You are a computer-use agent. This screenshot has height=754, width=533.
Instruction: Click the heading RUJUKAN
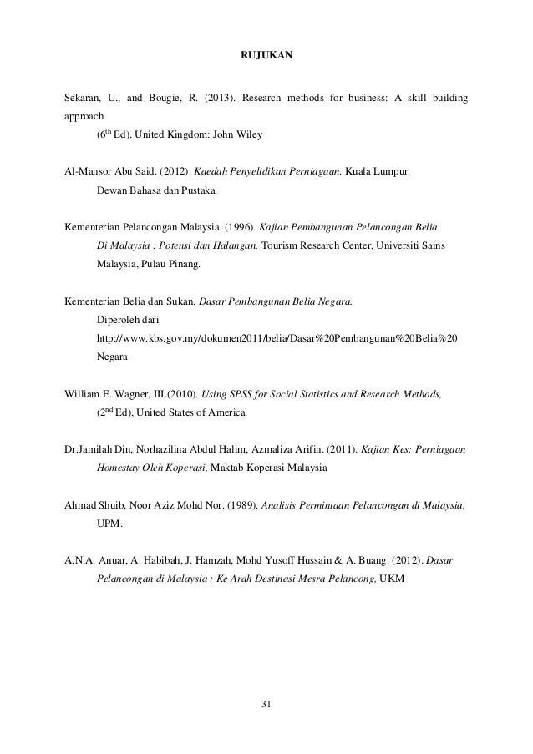pyautogui.click(x=266, y=57)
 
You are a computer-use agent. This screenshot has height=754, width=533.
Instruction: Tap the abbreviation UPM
pyautogui.click(x=109, y=524)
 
